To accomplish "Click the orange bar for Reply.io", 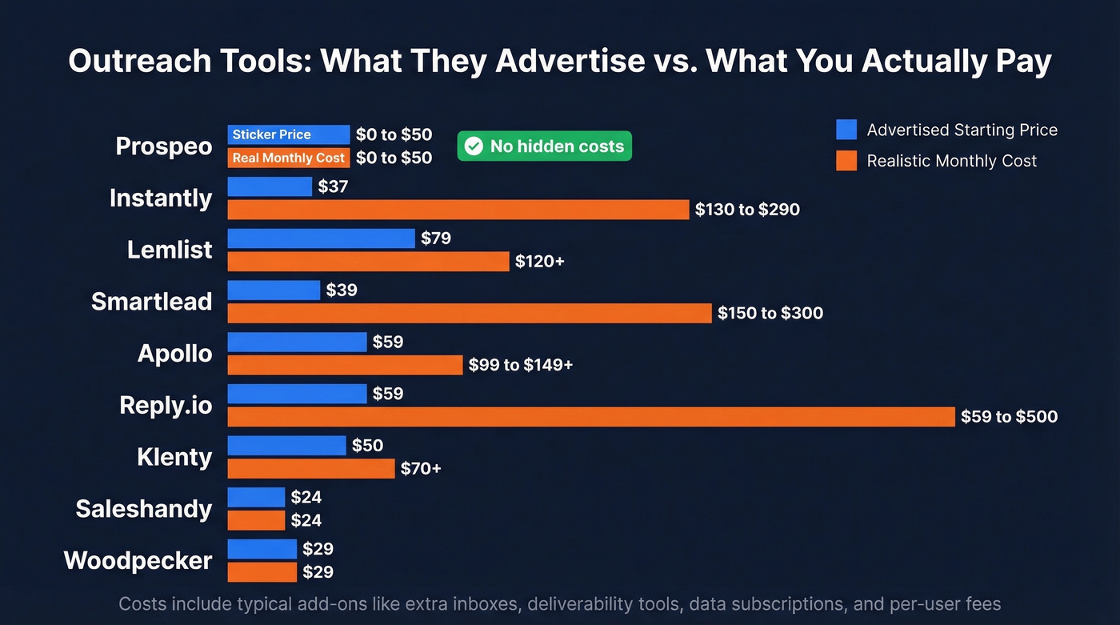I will click(x=591, y=416).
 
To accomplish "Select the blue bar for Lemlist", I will click(x=321, y=238).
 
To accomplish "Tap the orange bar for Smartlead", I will click(x=470, y=313).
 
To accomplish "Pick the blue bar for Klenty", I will click(x=286, y=445).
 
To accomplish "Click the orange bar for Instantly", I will click(x=458, y=210).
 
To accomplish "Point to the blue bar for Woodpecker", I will click(x=262, y=549).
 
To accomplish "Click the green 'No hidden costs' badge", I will click(x=544, y=146).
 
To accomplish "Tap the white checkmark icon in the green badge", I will click(x=474, y=146).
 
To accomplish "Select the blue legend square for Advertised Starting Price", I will click(x=846, y=130).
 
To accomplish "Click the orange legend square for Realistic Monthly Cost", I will click(x=846, y=161).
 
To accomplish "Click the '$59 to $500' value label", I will click(x=1010, y=416).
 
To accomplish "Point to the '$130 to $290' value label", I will click(x=747, y=210).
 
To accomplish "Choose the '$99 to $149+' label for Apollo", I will click(x=521, y=365).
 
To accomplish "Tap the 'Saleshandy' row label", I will click(x=144, y=508).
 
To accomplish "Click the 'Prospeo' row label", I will click(x=164, y=146).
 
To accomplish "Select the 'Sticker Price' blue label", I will click(x=271, y=134).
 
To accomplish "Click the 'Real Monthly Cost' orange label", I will click(x=288, y=158).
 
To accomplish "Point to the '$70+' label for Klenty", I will click(x=421, y=468).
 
